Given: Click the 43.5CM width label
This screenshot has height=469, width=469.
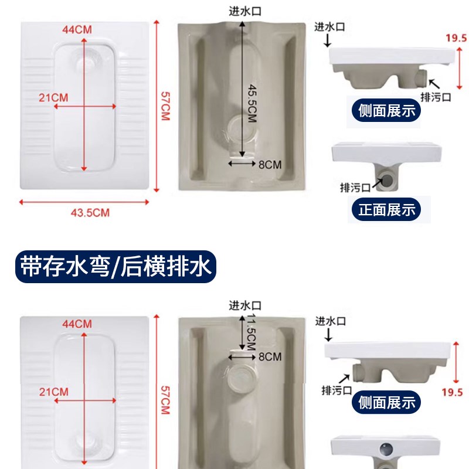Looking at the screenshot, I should point(90,213).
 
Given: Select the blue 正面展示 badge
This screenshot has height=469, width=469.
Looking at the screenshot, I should point(386,209).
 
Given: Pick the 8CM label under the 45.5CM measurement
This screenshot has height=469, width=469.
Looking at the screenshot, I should point(270,164).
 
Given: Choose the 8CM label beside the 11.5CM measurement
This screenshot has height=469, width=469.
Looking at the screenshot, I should point(270,356).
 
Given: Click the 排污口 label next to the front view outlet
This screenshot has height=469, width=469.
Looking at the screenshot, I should point(356,188).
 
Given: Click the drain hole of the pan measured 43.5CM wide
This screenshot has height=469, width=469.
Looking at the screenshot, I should point(86,60).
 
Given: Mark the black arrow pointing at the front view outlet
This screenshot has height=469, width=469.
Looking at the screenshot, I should point(375,183).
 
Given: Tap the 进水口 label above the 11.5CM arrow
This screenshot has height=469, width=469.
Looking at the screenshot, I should point(244,305).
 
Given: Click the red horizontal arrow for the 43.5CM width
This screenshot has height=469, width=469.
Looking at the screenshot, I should point(86,202).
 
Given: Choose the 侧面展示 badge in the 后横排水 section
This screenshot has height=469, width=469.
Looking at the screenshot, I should point(386,402).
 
